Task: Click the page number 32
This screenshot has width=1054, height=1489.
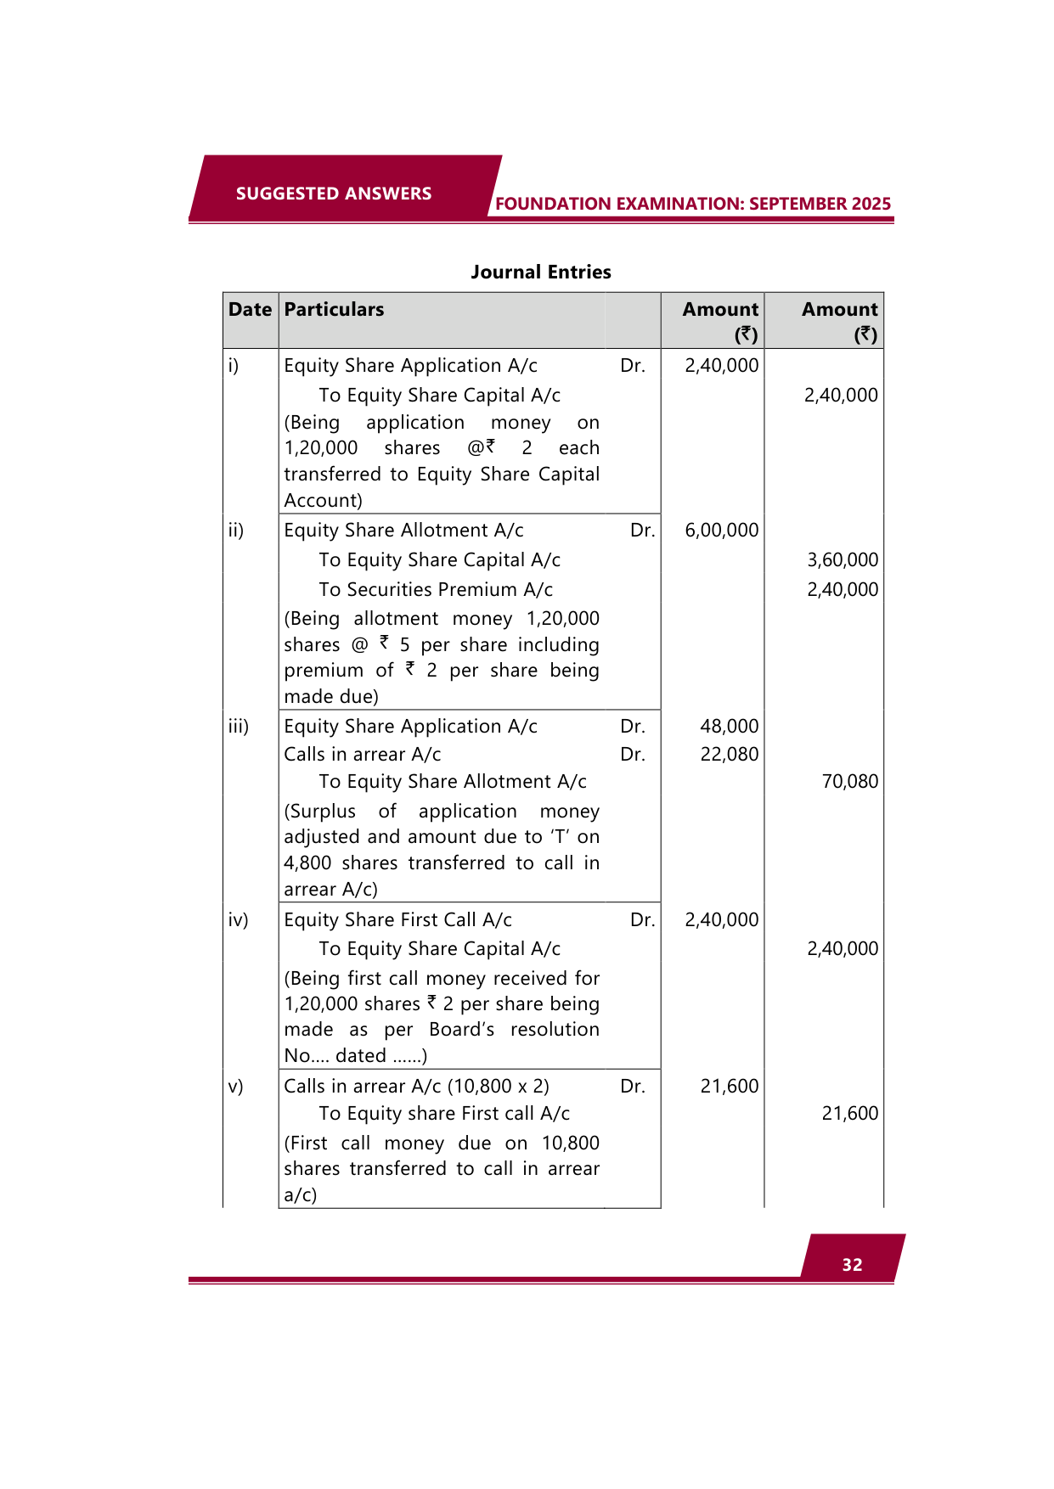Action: [x=852, y=1265]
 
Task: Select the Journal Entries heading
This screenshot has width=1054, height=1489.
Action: [x=541, y=273]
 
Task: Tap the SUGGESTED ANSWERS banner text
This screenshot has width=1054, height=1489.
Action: [x=334, y=194]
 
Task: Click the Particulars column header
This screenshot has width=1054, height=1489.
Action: [x=334, y=310]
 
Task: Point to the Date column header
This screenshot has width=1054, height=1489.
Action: [x=250, y=310]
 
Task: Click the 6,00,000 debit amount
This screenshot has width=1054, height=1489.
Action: [x=722, y=531]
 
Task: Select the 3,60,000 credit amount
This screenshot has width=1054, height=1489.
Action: [x=843, y=560]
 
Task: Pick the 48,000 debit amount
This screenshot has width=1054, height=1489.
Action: [x=729, y=727]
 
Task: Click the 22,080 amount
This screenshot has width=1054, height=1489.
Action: [x=729, y=755]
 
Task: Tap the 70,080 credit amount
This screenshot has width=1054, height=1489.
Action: [x=849, y=782]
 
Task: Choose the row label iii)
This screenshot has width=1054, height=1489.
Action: [x=239, y=727]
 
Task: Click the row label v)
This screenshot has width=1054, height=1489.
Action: [x=235, y=1087]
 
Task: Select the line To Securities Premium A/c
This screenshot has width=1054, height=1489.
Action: [x=436, y=590]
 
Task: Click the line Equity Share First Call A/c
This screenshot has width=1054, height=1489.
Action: [x=397, y=920]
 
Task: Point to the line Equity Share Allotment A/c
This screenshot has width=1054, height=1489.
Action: [x=403, y=531]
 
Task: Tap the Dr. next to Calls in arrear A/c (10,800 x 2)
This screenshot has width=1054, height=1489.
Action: [x=633, y=1087]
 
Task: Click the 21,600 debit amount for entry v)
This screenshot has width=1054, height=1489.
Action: [x=729, y=1087]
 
